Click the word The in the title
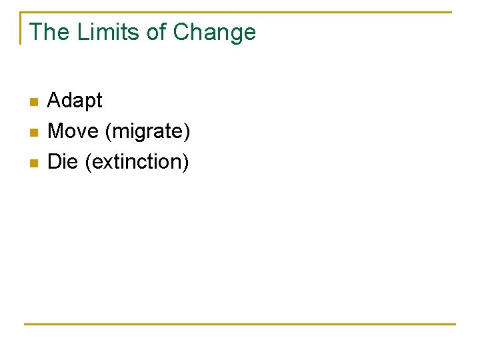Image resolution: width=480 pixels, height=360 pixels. (50, 32)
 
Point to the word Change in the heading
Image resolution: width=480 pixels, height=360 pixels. (215, 32)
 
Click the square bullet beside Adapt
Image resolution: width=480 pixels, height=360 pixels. (34, 102)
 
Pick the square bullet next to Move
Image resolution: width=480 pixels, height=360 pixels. (34, 133)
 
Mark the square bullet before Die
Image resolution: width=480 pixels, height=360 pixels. (34, 163)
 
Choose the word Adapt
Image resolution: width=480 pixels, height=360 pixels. (75, 101)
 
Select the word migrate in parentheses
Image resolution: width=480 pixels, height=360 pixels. (147, 132)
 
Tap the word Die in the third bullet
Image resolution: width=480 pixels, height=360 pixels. (63, 161)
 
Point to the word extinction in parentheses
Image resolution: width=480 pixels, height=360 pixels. (137, 161)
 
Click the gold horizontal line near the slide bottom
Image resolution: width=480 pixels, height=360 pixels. (240, 324)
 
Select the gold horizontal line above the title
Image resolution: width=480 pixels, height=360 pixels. (240, 12)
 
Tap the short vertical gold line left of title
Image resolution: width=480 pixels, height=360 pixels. (21, 28)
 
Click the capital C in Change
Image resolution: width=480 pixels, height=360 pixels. (181, 32)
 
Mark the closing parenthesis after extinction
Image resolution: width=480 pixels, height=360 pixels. (186, 162)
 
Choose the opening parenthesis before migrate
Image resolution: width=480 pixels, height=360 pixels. (109, 132)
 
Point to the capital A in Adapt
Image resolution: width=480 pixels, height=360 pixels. (54, 101)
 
